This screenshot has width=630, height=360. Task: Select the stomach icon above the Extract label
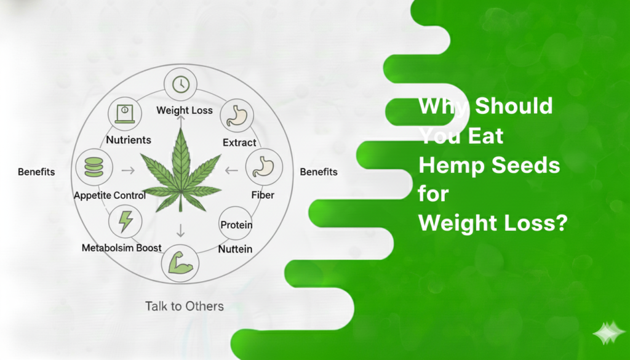(x=235, y=114)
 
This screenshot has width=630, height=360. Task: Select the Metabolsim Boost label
(x=122, y=248)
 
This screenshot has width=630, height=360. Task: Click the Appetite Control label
(x=110, y=196)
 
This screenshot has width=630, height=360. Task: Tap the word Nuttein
(x=236, y=249)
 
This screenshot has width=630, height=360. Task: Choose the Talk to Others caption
(x=184, y=306)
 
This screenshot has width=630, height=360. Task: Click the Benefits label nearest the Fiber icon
(x=319, y=172)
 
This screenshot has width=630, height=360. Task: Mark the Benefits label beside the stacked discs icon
(x=36, y=172)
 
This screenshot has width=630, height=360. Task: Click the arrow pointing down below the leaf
(x=180, y=230)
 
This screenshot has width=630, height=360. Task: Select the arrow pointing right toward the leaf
(x=129, y=170)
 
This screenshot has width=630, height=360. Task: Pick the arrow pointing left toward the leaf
(x=232, y=170)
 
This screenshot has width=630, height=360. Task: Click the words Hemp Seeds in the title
(x=489, y=166)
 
